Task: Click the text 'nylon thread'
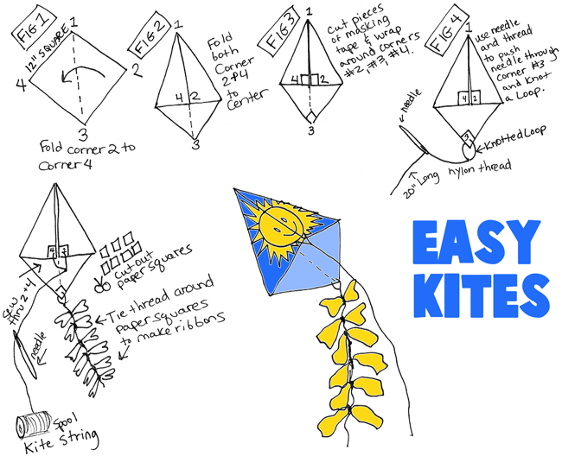click(489, 164)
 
